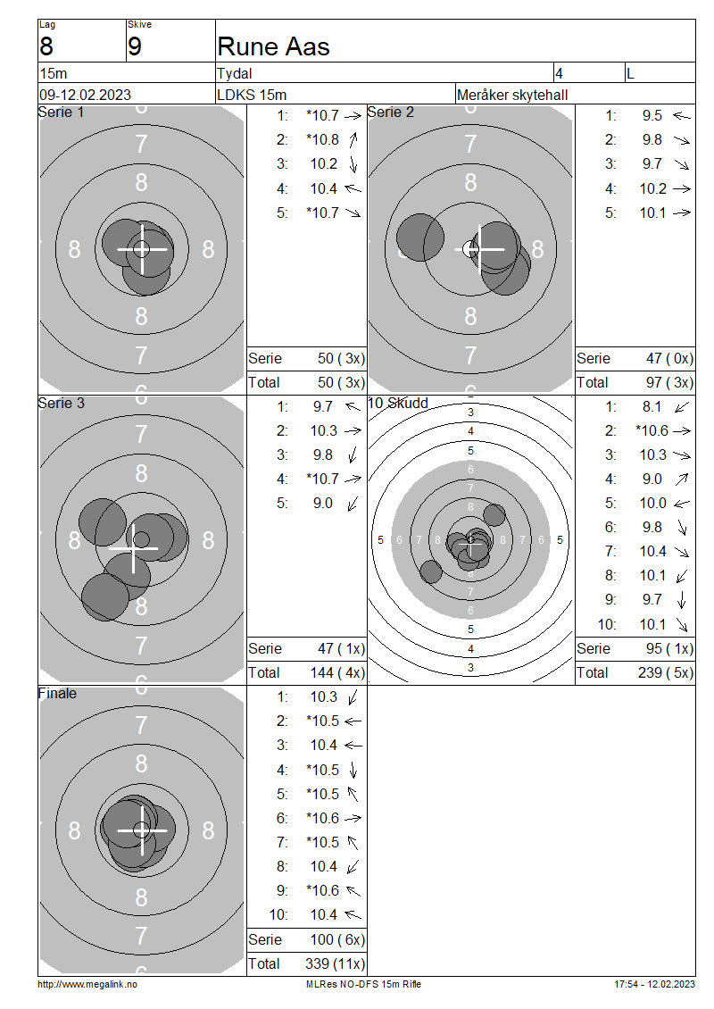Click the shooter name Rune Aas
[x=273, y=47]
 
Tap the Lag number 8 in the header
[x=46, y=47]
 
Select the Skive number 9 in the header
[x=135, y=47]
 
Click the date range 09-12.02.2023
[x=85, y=95]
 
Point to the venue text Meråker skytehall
[x=512, y=95]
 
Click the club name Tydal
[x=234, y=73]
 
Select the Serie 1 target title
[x=61, y=112]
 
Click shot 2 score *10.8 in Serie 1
[x=322, y=139]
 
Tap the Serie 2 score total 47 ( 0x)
[x=669, y=358]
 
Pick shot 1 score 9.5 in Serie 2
[x=652, y=116]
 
